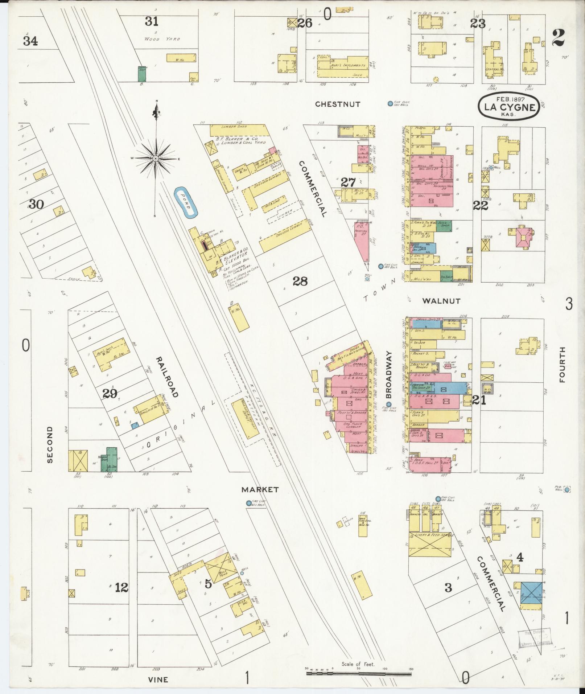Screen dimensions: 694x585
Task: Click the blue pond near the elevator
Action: coord(186,203)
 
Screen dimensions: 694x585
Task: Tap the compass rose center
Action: coord(156,159)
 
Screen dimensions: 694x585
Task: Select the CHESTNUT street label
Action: coord(338,104)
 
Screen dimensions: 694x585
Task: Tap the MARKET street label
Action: coord(260,489)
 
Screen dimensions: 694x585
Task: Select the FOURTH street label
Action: coord(562,364)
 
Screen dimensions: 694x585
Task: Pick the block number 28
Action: coord(300,281)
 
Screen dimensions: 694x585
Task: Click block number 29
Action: coord(110,393)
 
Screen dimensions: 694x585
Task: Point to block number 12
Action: coord(121,587)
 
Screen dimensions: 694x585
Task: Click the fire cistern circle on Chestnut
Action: coord(390,103)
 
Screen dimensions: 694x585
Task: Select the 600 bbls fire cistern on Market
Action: coord(248,503)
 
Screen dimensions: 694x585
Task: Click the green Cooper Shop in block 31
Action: coord(141,74)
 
